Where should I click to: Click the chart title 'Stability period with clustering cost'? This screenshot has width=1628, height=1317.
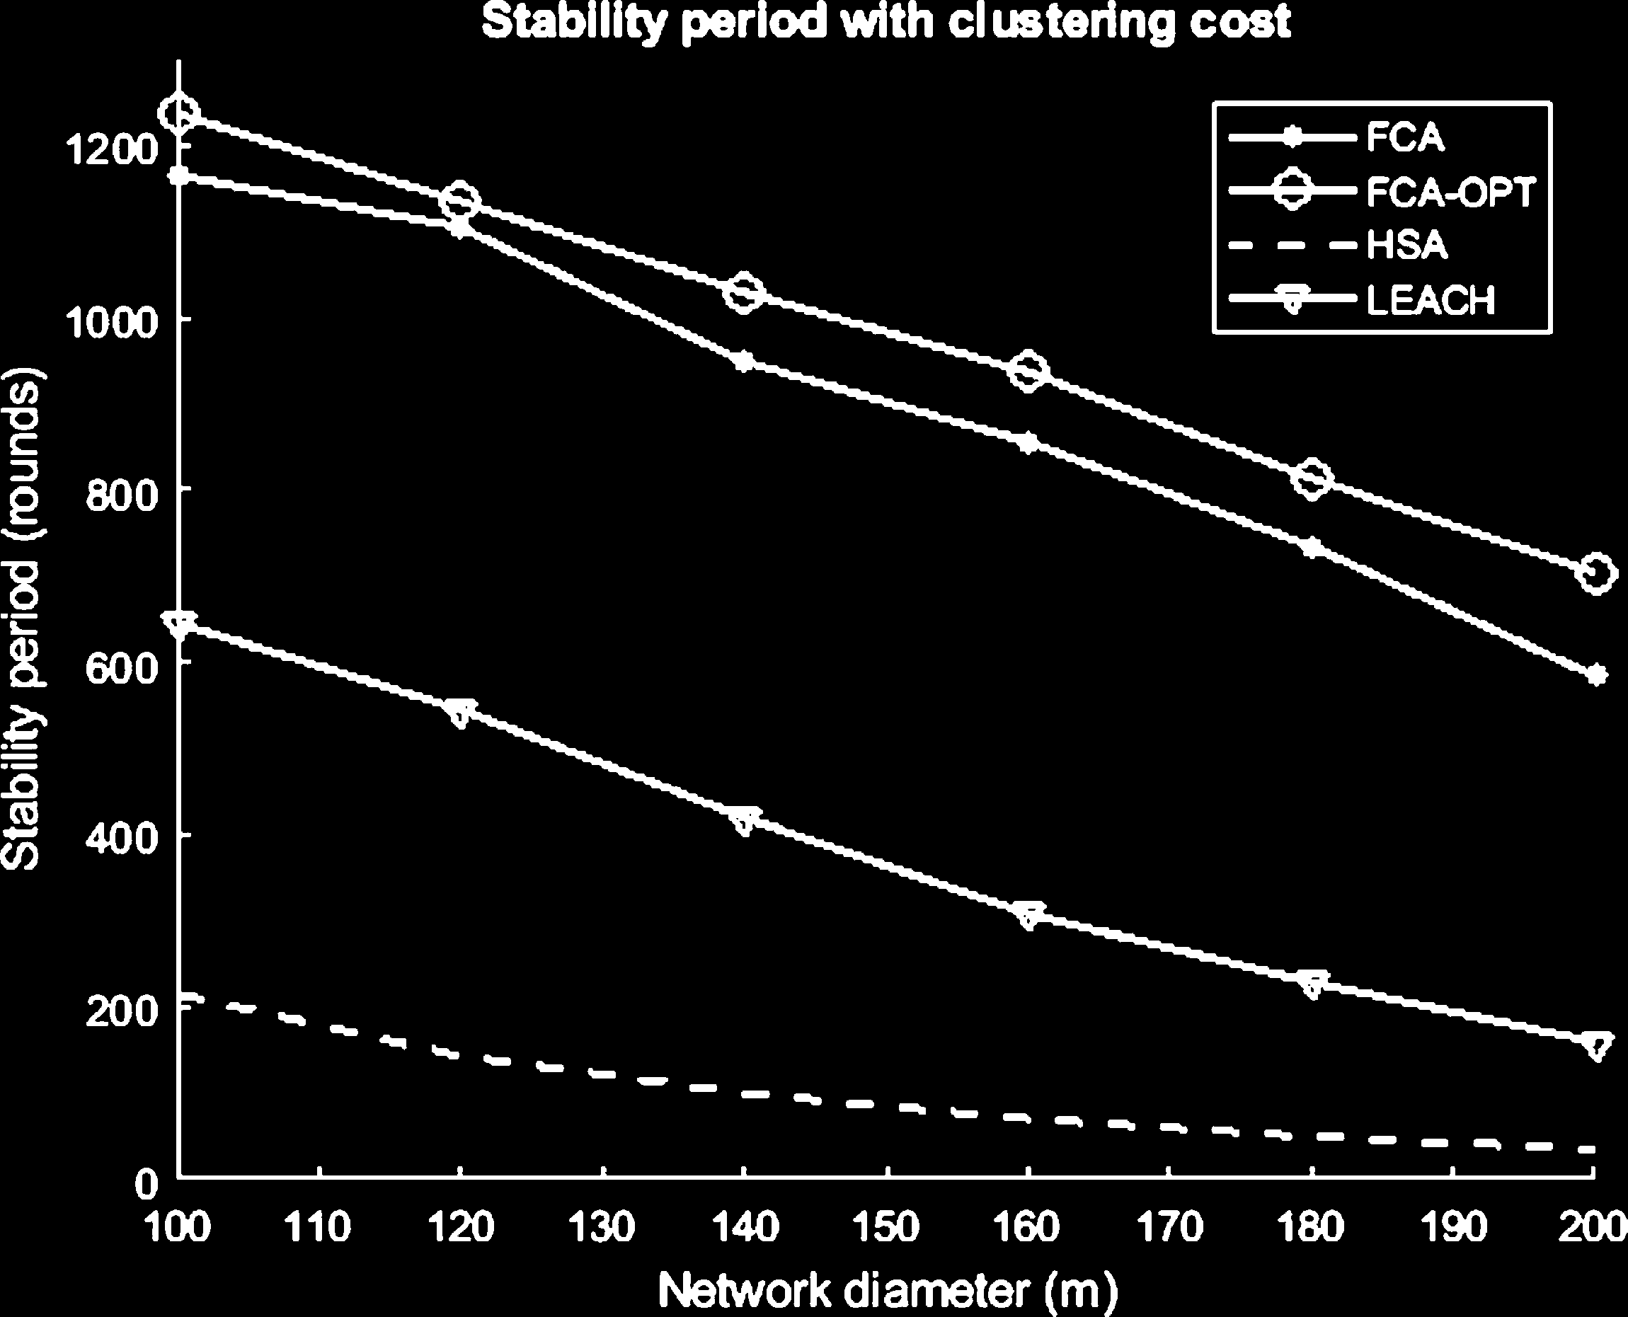(x=886, y=23)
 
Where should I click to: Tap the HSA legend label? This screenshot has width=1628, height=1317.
(x=1407, y=246)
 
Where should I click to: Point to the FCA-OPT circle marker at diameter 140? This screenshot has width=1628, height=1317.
(x=744, y=292)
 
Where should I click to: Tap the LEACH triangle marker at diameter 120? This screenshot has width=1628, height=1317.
(x=461, y=713)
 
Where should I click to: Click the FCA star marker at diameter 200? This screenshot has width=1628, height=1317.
(x=1595, y=674)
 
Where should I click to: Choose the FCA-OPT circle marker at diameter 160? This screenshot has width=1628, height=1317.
(x=1028, y=372)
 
